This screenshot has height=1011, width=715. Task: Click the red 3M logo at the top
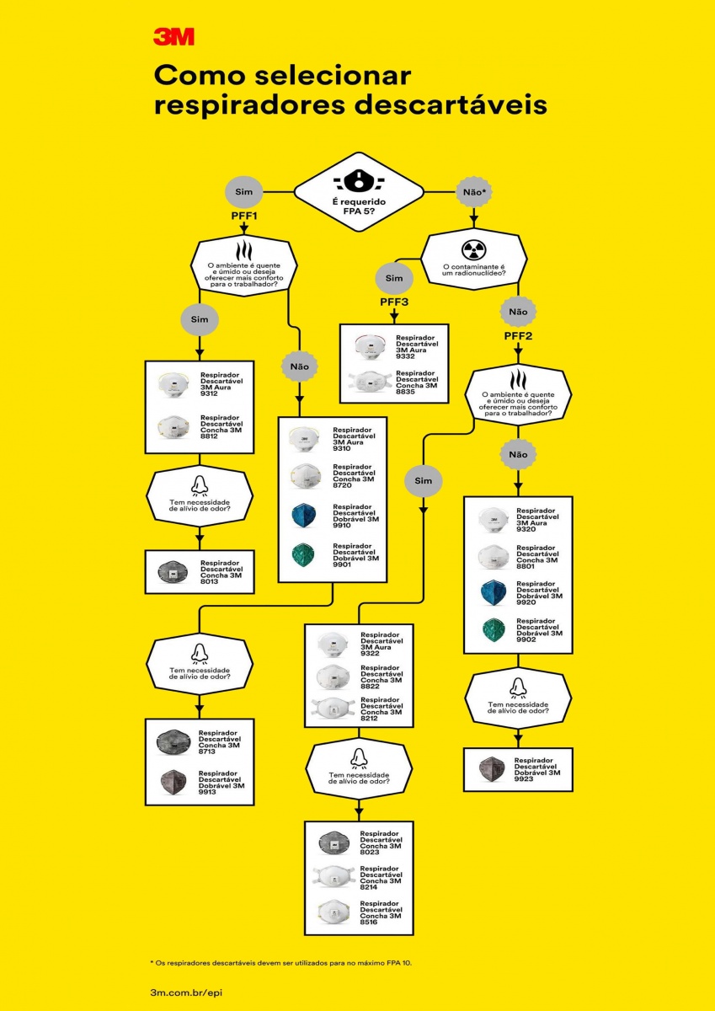tap(173, 36)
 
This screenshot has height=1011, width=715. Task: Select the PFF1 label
tap(243, 217)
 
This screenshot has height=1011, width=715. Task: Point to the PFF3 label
tap(395, 302)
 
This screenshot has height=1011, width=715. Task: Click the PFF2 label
tap(518, 336)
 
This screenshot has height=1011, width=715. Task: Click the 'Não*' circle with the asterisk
tap(474, 192)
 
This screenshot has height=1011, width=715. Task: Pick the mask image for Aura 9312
tap(173, 384)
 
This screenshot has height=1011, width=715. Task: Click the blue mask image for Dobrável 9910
tap(305, 516)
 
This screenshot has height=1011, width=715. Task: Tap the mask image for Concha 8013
tap(173, 573)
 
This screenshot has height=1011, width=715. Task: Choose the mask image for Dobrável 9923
tap(492, 768)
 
